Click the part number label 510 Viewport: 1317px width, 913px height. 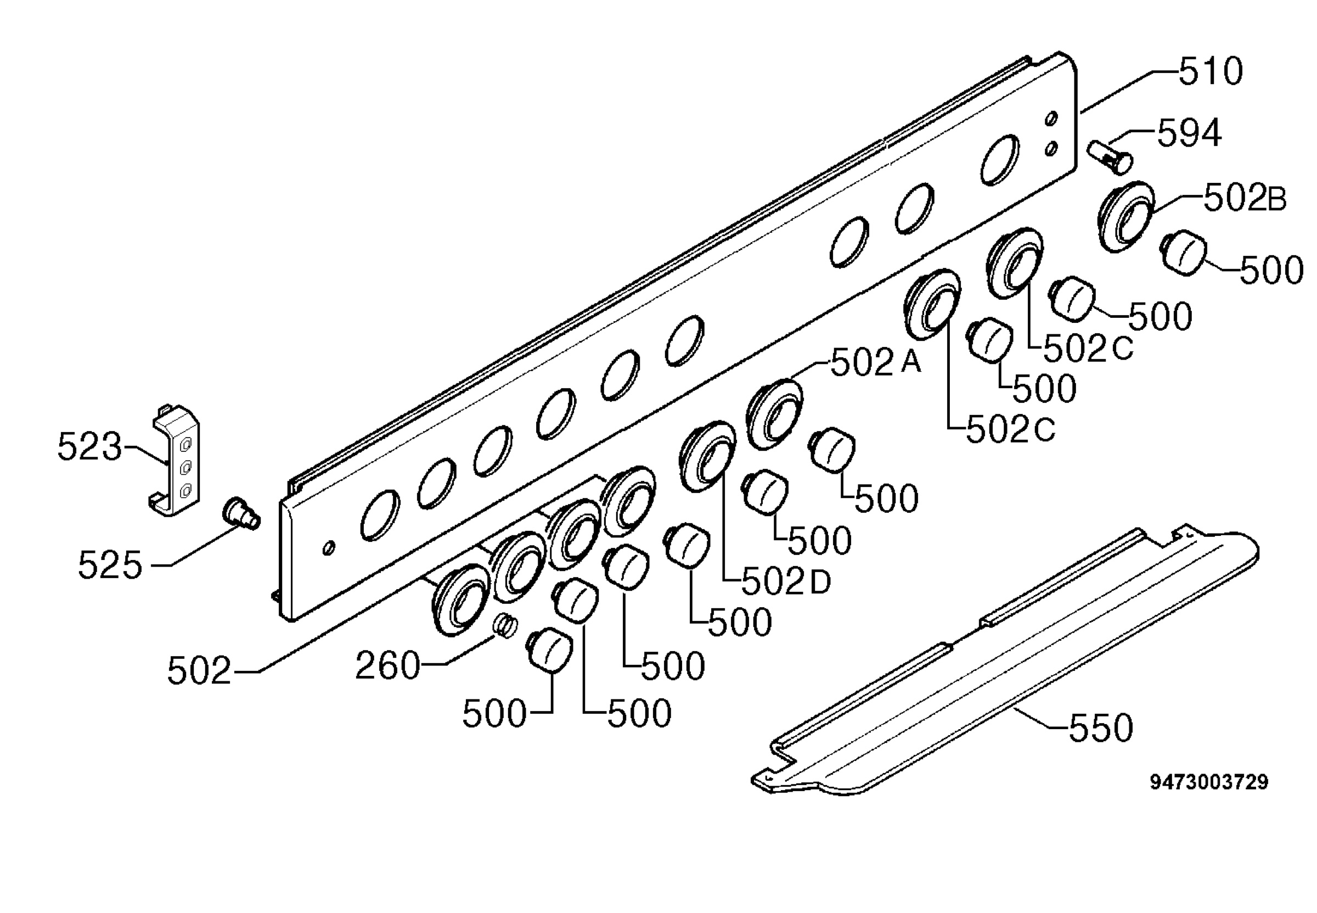click(1211, 71)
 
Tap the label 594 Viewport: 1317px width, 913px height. click(1190, 133)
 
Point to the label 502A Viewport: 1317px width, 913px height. click(876, 362)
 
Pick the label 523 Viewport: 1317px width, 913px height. click(90, 446)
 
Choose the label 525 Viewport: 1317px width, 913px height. click(110, 565)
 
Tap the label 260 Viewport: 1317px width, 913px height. click(387, 666)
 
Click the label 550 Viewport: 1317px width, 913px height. click(1101, 727)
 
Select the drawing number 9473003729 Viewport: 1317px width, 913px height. click(1209, 782)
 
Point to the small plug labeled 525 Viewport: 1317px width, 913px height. click(241, 513)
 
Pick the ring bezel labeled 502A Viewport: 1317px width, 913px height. click(774, 413)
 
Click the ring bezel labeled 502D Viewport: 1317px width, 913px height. click(708, 457)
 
